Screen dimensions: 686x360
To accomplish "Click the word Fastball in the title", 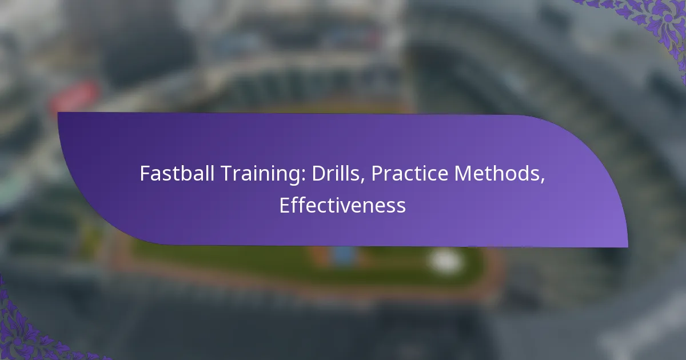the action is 177,173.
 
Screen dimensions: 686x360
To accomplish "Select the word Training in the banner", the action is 263,174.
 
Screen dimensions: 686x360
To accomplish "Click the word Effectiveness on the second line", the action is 342,205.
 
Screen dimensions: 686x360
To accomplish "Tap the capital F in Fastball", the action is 145,174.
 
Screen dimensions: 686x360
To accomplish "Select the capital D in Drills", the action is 319,174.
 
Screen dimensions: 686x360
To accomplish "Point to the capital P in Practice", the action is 378,174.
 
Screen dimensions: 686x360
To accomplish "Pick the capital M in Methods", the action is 464,174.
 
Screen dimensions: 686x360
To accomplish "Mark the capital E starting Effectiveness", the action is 284,205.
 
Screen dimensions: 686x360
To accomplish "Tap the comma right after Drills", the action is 362,181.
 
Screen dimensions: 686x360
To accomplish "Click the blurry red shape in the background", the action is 74,96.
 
